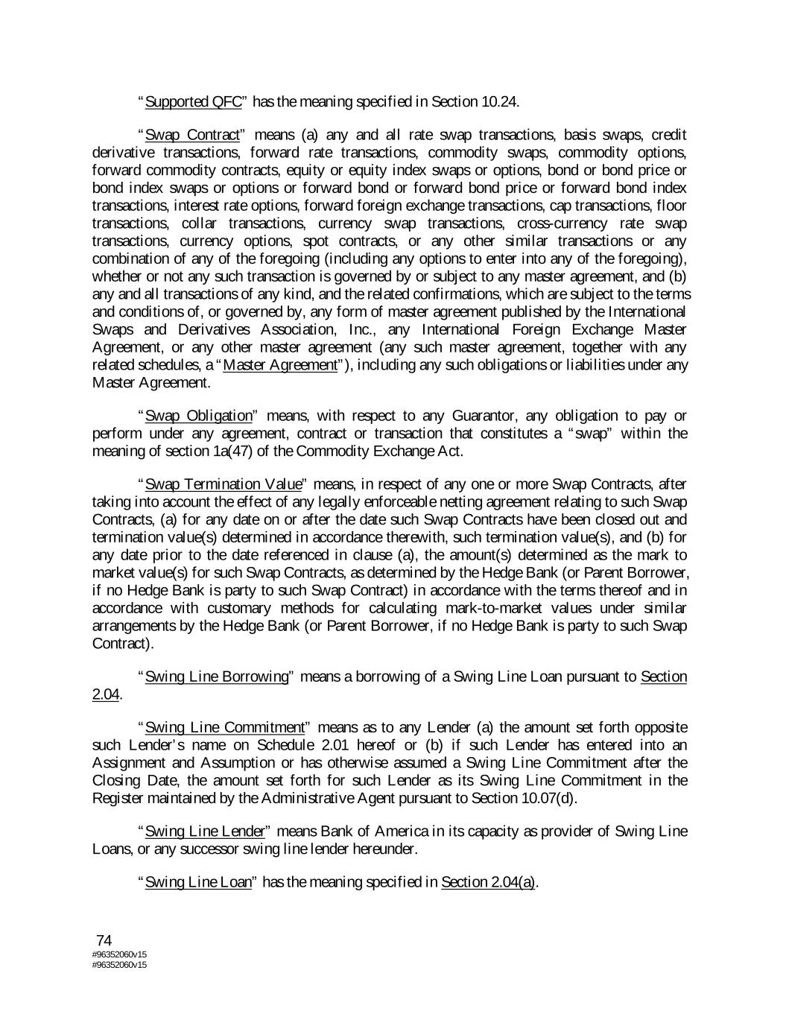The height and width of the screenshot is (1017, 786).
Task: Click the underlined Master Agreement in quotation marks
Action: pyautogui.click(x=280, y=365)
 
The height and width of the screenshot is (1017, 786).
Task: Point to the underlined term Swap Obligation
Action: pyautogui.click(x=199, y=416)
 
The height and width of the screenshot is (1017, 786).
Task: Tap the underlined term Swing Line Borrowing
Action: pyautogui.click(x=217, y=677)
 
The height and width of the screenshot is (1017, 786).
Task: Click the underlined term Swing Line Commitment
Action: pyautogui.click(x=226, y=727)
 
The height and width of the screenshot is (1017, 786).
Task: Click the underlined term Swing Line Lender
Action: pyautogui.click(x=206, y=831)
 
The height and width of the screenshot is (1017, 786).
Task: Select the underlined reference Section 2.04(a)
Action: pyautogui.click(x=488, y=882)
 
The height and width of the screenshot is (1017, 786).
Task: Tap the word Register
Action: pyautogui.click(x=115, y=799)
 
